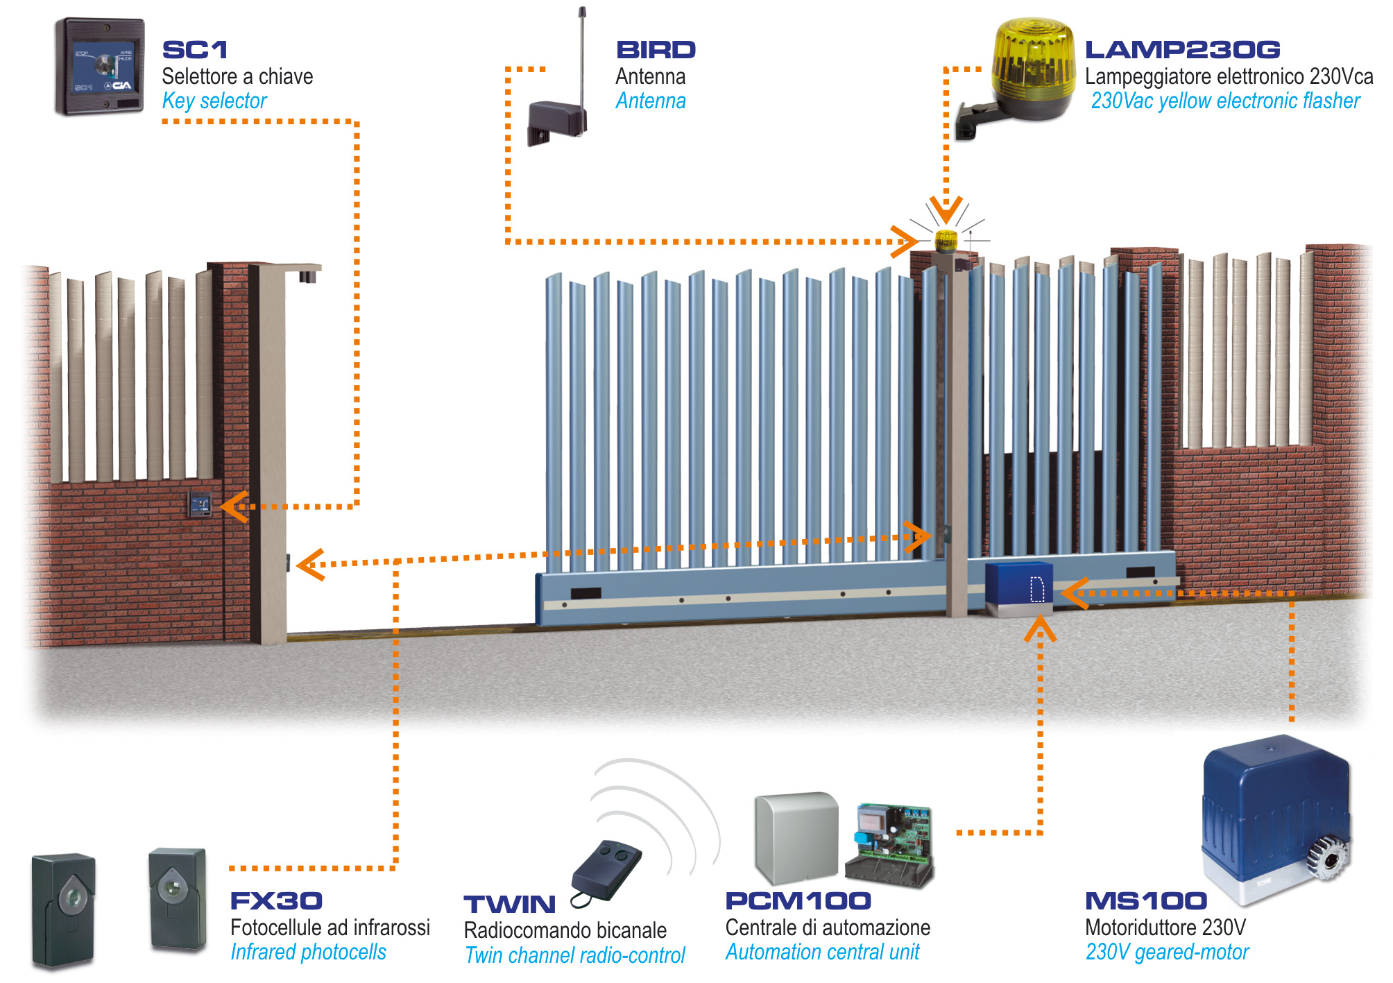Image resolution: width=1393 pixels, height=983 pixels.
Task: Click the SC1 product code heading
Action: (x=194, y=50)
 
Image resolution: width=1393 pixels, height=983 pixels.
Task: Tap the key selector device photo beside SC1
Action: (x=101, y=67)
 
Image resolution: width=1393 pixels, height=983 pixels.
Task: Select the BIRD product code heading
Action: (x=656, y=50)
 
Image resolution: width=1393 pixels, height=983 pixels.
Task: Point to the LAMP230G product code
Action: (x=1182, y=50)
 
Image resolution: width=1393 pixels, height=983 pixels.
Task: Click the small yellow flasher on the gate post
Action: (x=946, y=241)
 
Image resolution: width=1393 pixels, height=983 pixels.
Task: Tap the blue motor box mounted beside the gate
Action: (x=1018, y=584)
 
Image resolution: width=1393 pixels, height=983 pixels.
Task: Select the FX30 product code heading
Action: (x=276, y=901)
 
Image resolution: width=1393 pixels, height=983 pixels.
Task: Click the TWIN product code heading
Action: (x=510, y=905)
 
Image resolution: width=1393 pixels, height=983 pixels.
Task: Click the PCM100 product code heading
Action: (x=798, y=901)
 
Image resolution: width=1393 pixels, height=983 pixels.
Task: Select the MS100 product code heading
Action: (x=1146, y=901)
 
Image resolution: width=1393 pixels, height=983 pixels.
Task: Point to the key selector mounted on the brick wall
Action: (x=200, y=504)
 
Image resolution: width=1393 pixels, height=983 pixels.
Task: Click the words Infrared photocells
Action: (x=308, y=952)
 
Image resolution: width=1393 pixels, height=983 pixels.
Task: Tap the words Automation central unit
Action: (x=822, y=952)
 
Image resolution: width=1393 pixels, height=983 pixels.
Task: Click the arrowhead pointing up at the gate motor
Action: (x=1040, y=629)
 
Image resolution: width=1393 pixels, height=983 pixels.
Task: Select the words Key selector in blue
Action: (x=214, y=101)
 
